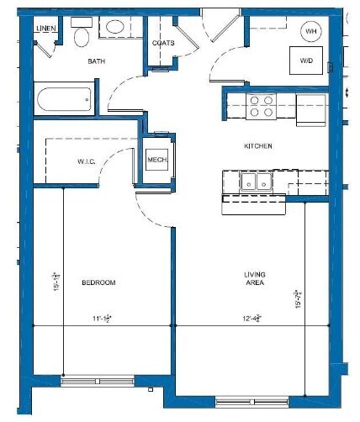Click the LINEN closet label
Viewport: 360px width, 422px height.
[45, 29]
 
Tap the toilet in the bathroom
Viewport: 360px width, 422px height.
[82, 36]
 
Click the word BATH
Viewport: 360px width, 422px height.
[97, 61]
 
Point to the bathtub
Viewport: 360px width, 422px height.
[61, 100]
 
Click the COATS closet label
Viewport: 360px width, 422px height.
[164, 43]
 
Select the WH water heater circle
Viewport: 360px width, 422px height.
[311, 31]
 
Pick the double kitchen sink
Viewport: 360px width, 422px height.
[254, 180]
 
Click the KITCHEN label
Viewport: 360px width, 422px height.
[258, 146]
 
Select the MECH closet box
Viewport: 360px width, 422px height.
[157, 160]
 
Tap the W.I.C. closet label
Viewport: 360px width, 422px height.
[86, 160]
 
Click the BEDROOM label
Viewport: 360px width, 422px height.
[98, 282]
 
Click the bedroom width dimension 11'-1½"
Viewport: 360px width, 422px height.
[103, 319]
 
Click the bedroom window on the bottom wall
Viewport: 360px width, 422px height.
[98, 380]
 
